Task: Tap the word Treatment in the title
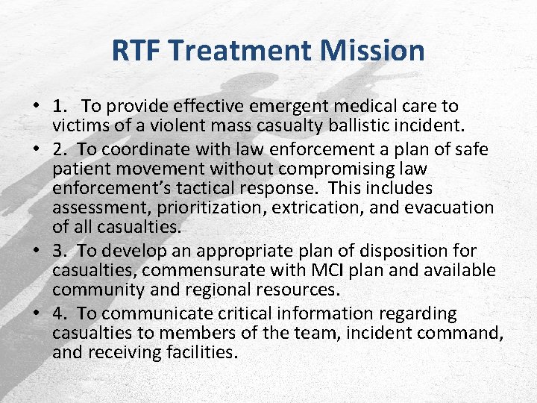pyautogui.click(x=239, y=51)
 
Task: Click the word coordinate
pyautogui.click(x=141, y=149)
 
